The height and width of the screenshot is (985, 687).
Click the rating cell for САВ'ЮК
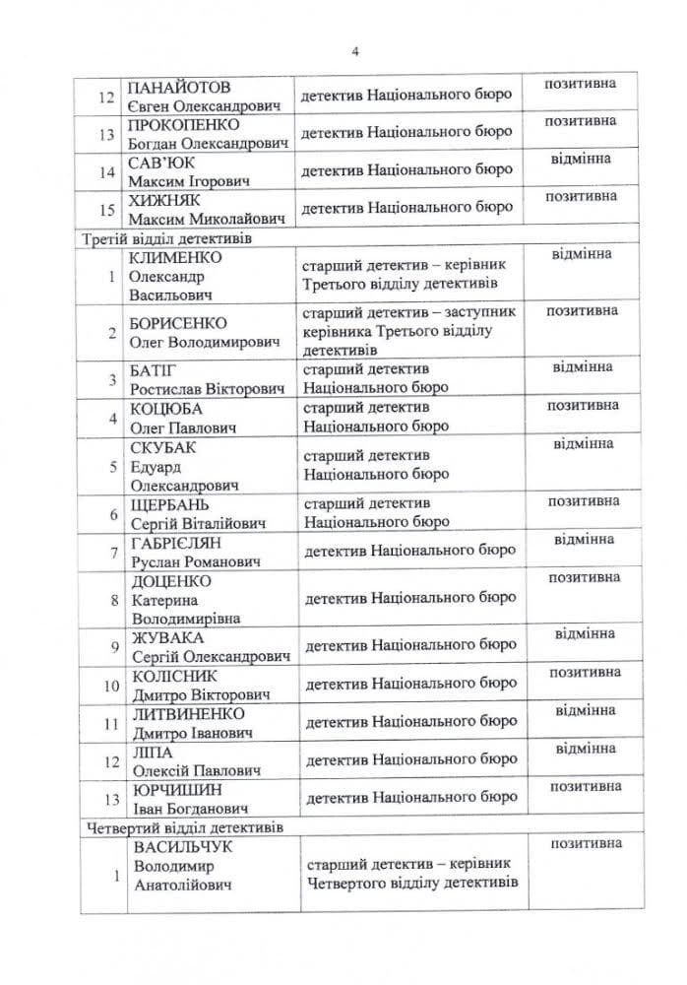point(582,158)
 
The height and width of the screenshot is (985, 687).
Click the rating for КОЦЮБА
point(582,405)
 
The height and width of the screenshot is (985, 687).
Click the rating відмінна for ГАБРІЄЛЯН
point(582,540)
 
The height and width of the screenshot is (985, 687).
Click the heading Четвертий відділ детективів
point(182,827)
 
